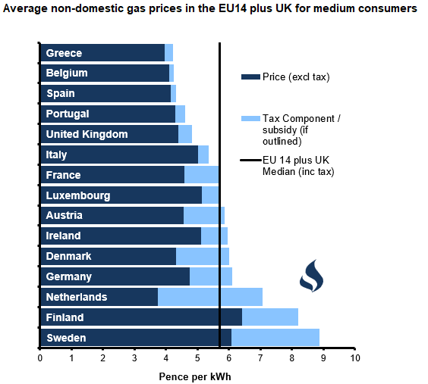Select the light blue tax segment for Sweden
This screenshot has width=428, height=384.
(x=275, y=338)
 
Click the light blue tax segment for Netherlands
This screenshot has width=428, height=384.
(x=210, y=297)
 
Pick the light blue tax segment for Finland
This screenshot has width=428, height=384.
(x=270, y=317)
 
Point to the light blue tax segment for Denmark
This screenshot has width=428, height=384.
(x=203, y=256)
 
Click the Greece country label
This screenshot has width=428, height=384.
(x=64, y=53)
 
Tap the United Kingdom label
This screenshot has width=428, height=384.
(x=87, y=134)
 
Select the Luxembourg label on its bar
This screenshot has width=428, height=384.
(x=77, y=195)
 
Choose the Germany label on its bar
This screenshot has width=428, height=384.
(x=68, y=276)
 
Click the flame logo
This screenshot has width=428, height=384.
(x=311, y=276)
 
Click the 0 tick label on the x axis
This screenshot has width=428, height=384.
(x=39, y=357)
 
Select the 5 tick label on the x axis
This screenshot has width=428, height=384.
(x=197, y=357)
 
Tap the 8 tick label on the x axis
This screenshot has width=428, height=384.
(x=292, y=357)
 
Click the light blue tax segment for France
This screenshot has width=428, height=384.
(x=202, y=175)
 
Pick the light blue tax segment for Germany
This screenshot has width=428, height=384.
(x=211, y=276)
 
